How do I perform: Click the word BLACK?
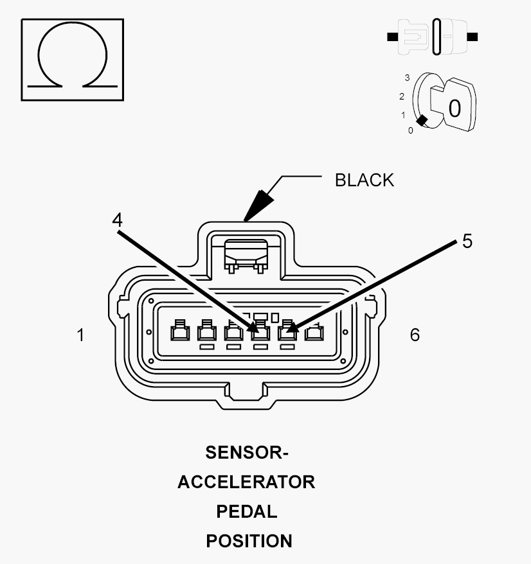pyautogui.click(x=364, y=181)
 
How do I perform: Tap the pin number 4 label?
pyautogui.click(x=117, y=220)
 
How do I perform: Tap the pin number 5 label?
pyautogui.click(x=467, y=241)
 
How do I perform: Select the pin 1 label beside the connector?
pyautogui.click(x=81, y=335)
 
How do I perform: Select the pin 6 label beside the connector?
pyautogui.click(x=415, y=335)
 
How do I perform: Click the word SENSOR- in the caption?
pyautogui.click(x=247, y=452)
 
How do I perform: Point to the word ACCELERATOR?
pyautogui.click(x=247, y=482)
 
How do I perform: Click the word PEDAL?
pyautogui.click(x=247, y=511)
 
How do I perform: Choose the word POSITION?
pyautogui.click(x=249, y=541)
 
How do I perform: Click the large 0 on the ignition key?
pyautogui.click(x=455, y=109)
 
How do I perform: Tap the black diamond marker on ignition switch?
pyautogui.click(x=422, y=121)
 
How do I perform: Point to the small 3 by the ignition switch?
pyautogui.click(x=407, y=78)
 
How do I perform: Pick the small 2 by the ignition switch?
pyautogui.click(x=402, y=96)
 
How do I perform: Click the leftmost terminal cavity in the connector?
pyautogui.click(x=180, y=331)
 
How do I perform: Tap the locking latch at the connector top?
pyautogui.click(x=246, y=256)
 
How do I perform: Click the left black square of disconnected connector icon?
pyautogui.click(x=392, y=37)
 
